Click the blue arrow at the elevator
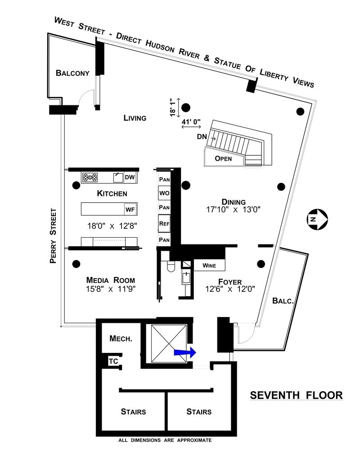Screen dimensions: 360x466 tap(185, 352)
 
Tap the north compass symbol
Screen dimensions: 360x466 tap(317, 219)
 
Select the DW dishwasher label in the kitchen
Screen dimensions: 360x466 tap(130, 177)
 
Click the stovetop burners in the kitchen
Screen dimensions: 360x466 tap(90, 177)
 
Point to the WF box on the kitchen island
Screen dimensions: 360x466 tap(130, 209)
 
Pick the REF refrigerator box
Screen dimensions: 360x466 tap(164, 223)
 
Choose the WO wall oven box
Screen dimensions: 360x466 tap(164, 193)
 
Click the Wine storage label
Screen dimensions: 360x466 tap(209, 265)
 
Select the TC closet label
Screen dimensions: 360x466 tap(113, 362)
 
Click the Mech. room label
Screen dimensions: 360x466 tap(121, 338)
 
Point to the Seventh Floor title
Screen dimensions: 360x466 tap(297, 395)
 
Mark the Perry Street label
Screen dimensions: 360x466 tap(53, 236)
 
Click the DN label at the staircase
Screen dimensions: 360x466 tap(202, 137)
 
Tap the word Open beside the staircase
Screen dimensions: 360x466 tap(223, 158)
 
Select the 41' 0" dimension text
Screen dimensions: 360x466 tap(191, 122)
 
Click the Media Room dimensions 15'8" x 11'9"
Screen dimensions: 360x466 tap(111, 289)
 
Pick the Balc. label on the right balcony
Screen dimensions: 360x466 tap(283, 301)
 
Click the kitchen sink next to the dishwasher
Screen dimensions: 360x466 tap(118, 177)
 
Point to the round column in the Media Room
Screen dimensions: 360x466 tap(76, 264)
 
